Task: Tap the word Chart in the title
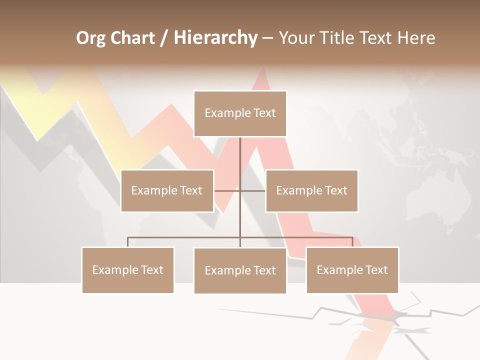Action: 132,38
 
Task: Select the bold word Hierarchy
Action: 215,38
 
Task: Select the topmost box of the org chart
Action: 240,113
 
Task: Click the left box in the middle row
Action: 167,190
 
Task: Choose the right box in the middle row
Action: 311,190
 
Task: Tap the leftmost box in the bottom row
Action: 127,270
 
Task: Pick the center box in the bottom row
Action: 240,270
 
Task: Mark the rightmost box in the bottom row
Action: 352,270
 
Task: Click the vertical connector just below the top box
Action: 240,150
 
